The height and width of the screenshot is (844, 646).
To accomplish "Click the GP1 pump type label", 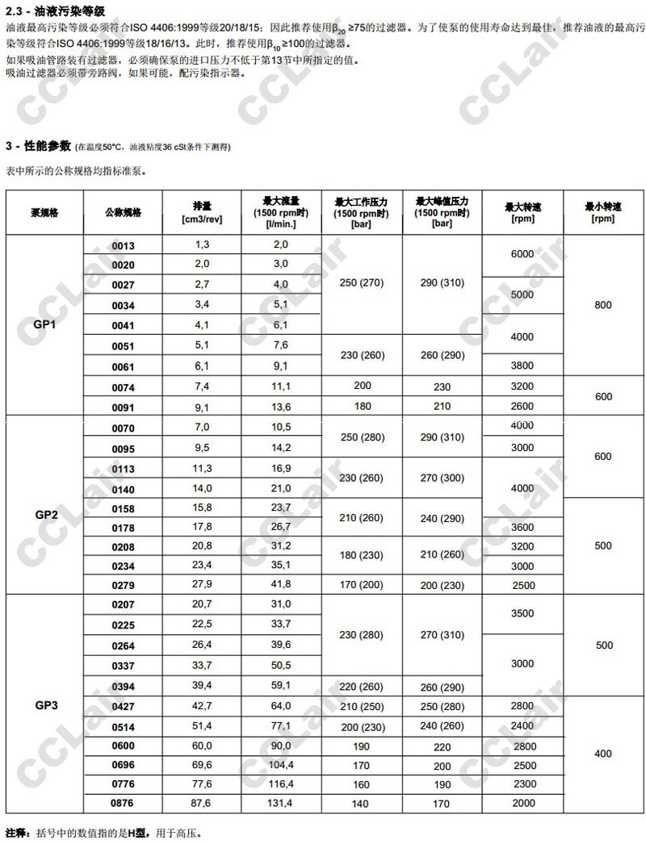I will [45, 324].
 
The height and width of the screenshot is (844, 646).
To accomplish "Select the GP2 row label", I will [46, 514].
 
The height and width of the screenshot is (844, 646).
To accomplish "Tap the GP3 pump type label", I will [46, 704].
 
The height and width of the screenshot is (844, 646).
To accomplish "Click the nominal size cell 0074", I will [123, 387].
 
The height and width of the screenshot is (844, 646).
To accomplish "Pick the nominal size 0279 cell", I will [123, 584].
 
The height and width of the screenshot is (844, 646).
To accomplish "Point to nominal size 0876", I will [123, 803].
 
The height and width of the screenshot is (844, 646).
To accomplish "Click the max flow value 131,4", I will [280, 803].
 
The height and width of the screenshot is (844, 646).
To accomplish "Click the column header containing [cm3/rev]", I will [202, 212].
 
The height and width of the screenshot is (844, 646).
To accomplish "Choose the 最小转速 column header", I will [602, 212].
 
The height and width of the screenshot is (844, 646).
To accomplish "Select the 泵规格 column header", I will [45, 212].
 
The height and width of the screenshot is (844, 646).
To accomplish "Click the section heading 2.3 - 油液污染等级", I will [54, 10].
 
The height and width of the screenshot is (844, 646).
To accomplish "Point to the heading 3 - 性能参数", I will [38, 146].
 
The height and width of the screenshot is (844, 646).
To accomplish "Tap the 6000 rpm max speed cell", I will [522, 253].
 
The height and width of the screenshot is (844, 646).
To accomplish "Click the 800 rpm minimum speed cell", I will [602, 305].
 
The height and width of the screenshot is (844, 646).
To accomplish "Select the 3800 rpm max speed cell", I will [522, 366].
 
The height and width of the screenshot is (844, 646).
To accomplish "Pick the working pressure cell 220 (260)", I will [361, 687].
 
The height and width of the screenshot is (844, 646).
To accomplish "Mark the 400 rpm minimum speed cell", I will [602, 754].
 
